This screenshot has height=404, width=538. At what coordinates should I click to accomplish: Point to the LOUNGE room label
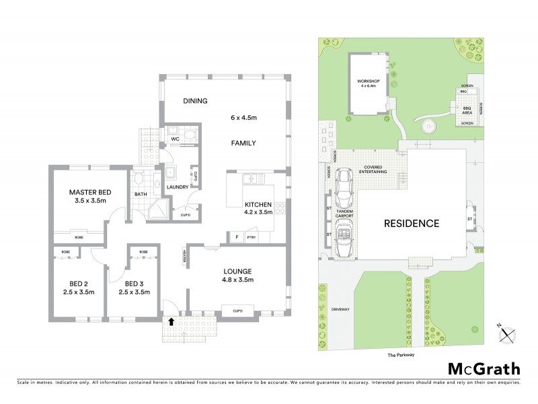[238, 272]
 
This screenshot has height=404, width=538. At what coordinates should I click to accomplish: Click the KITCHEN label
[258, 204]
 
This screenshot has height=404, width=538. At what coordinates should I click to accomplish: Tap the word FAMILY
[244, 143]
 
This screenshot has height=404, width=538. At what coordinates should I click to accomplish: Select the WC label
[174, 139]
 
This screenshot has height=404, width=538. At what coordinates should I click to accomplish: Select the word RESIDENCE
[412, 224]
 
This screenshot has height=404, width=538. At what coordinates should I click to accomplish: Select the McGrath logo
[484, 368]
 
